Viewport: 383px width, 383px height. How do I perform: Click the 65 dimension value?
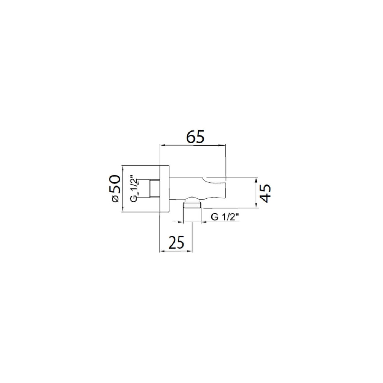195,137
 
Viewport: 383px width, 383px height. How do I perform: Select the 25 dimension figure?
176,242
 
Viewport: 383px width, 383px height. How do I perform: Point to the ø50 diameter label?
115,189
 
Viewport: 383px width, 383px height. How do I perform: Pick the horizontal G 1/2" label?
224,217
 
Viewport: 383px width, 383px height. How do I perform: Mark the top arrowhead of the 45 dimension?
256,180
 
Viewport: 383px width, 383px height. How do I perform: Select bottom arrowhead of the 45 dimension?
256,205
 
